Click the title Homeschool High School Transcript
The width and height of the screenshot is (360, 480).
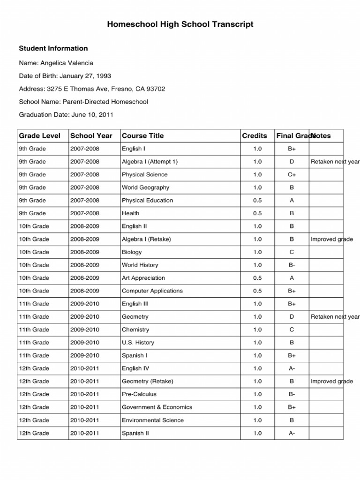(x=180, y=24)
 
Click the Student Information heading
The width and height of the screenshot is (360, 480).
(x=53, y=48)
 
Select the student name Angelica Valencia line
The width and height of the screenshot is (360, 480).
(x=56, y=63)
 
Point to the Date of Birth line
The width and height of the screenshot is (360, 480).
(x=65, y=76)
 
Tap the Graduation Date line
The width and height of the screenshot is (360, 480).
(x=66, y=114)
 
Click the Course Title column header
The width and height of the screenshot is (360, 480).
(x=142, y=136)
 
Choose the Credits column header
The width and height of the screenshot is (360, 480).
(x=255, y=136)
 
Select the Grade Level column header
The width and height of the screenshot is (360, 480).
(x=39, y=136)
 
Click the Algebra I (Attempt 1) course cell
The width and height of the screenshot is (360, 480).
(x=150, y=162)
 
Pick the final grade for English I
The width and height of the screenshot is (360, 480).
(x=292, y=149)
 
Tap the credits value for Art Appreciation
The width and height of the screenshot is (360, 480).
(x=257, y=278)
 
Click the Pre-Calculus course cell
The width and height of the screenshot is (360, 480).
(x=139, y=394)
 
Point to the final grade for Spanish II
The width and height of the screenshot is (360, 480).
(x=292, y=433)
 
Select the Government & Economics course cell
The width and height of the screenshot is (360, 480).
(x=157, y=407)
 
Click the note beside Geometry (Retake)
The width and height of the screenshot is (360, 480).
(x=331, y=382)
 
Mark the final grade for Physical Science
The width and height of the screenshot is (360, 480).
(x=292, y=174)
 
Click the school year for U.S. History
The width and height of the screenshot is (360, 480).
(x=85, y=343)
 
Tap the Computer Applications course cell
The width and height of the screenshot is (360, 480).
(x=152, y=291)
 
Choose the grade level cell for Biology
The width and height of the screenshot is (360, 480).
(x=34, y=252)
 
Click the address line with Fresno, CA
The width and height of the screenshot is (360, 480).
(x=92, y=89)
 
